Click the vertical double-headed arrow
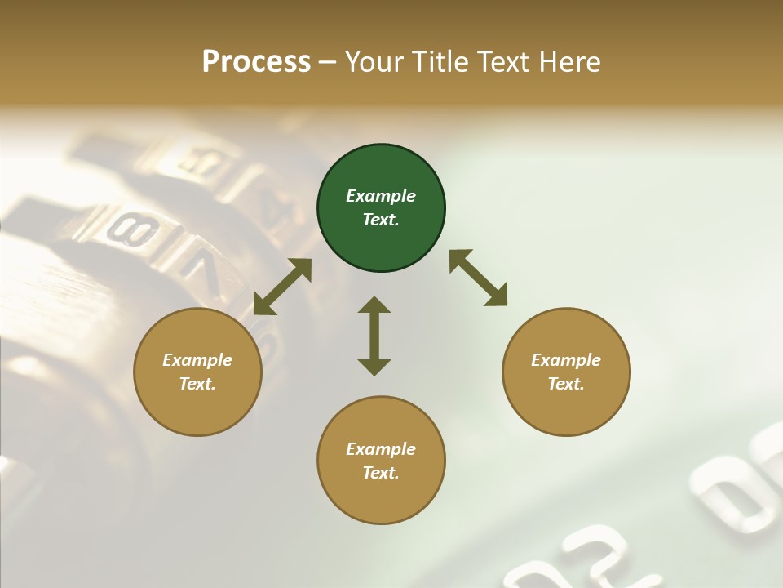pos(374,336)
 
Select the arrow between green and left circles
pos(282,287)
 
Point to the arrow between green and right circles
pos(479,278)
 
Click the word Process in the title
pos(256,62)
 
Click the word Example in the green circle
pos(381,196)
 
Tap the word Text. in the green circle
pos(381,220)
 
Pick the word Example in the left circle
pos(197,360)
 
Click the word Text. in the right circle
pos(566,384)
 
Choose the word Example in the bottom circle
pos(381,449)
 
